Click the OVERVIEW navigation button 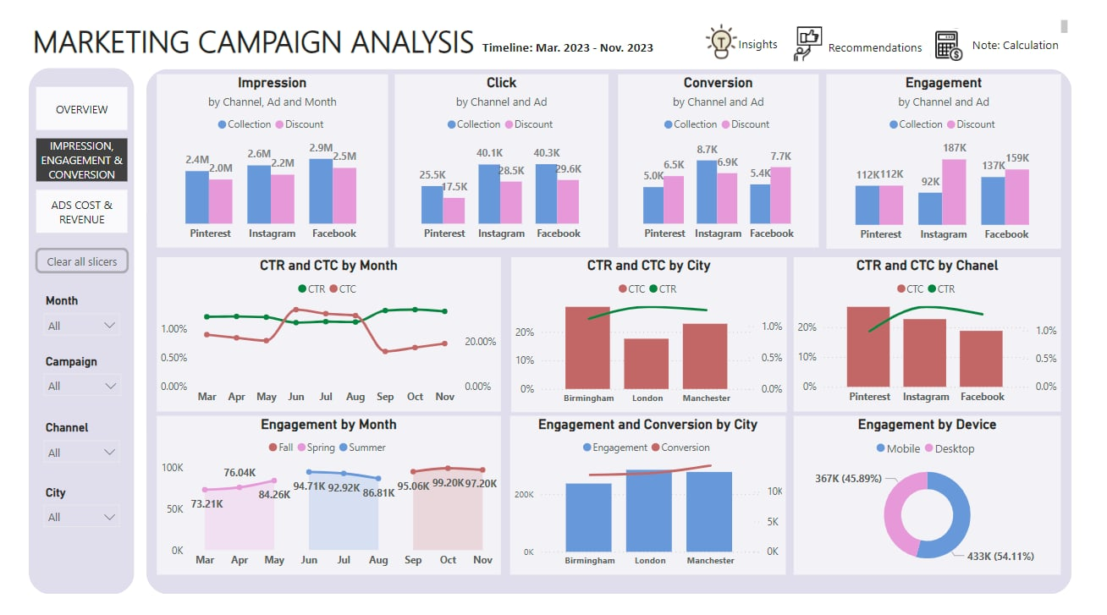click(81, 109)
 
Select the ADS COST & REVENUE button click(81, 212)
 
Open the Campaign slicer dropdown click(81, 386)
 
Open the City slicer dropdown click(81, 517)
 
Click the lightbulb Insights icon click(720, 42)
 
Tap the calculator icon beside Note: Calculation click(948, 46)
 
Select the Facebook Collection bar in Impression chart click(321, 191)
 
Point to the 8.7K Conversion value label click(707, 150)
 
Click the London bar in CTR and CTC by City click(647, 363)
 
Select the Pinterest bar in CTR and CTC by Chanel click(868, 347)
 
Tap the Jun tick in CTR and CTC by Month click(296, 396)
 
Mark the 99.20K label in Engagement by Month click(448, 483)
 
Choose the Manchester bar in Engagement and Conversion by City click(709, 511)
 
